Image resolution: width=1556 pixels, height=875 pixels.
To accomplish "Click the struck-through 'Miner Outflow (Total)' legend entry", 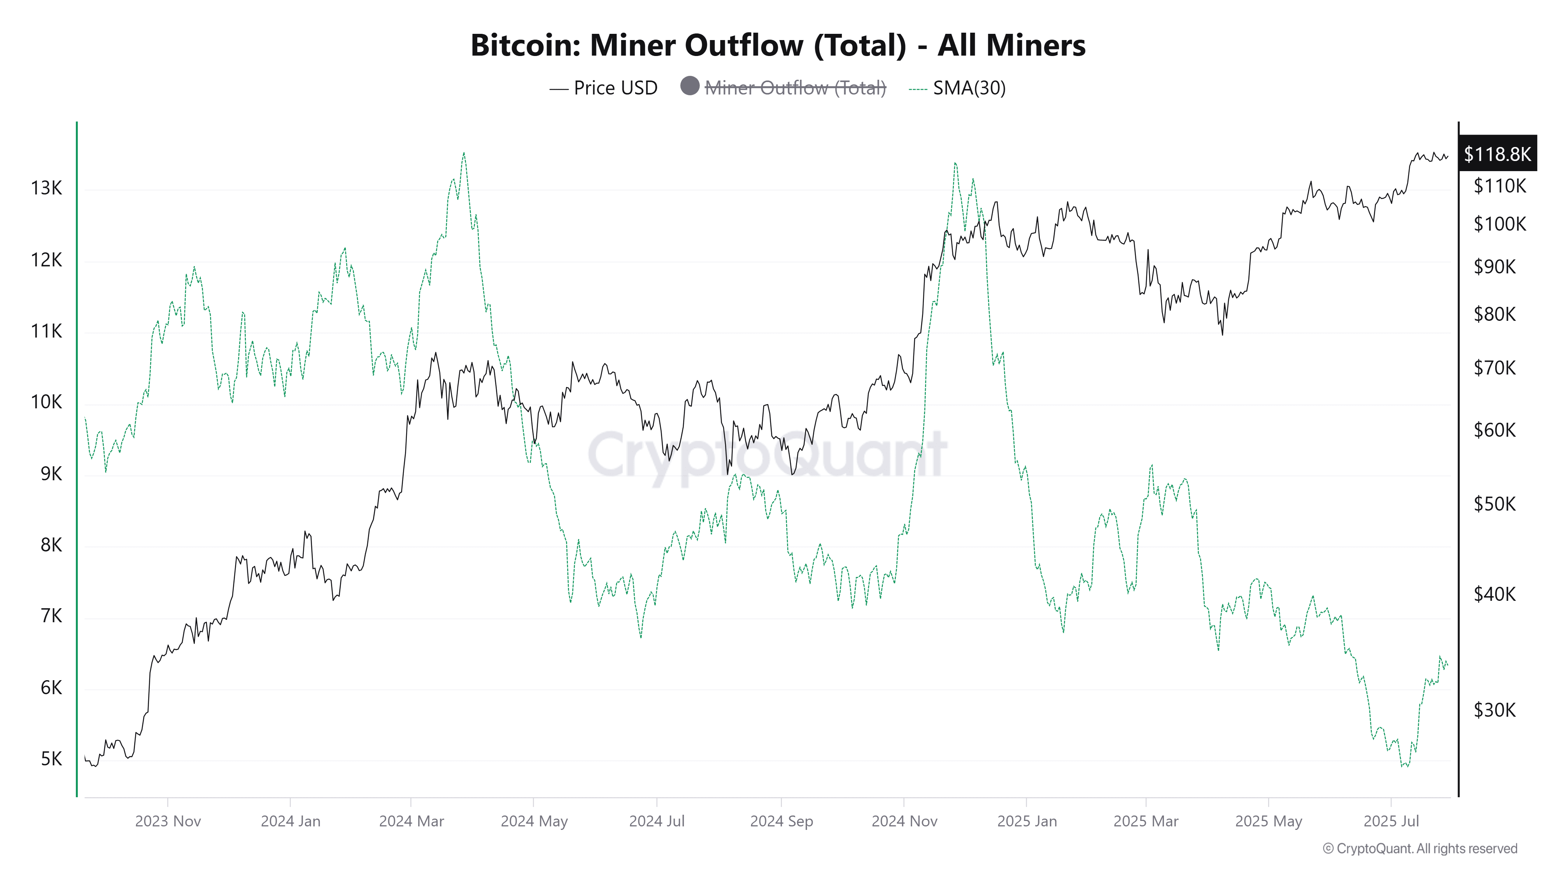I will (795, 88).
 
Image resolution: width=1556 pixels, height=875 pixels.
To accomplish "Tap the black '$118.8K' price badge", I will (1497, 154).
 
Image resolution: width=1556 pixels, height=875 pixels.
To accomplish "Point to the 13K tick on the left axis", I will (47, 188).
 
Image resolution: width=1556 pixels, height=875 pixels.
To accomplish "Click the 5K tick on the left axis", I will (51, 759).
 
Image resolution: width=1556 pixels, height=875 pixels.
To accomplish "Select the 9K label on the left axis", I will (51, 474).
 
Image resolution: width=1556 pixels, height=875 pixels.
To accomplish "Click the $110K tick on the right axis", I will (1499, 186).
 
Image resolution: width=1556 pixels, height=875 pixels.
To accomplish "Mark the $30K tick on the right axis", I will (1495, 710).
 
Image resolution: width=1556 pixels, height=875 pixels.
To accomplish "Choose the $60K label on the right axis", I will (1495, 430).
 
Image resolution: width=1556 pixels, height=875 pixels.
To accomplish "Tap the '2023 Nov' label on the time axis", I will (168, 821).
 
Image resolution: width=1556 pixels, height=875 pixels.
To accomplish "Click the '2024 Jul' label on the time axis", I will (657, 821).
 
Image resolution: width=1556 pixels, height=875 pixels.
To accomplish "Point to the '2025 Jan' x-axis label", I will (1027, 821).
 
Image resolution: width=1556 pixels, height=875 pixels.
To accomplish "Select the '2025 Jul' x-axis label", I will (1391, 821).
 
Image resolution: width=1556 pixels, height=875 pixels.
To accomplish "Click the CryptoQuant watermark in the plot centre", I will (767, 454).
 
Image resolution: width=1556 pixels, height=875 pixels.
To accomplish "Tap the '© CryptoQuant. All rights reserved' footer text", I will (1419, 849).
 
